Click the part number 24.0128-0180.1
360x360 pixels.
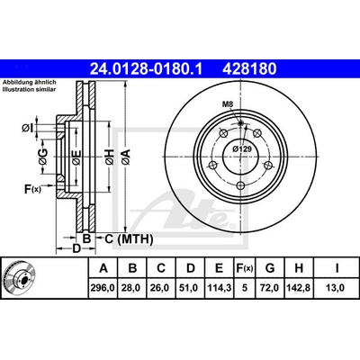tap(147, 68)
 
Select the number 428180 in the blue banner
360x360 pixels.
tap(249, 68)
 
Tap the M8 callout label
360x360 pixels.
tap(228, 104)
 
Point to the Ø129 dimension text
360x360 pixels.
tap(242, 148)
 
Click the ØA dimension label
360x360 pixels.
tap(126, 157)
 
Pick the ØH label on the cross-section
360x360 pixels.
tap(109, 157)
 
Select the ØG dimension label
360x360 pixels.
tap(43, 157)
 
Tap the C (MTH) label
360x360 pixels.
tap(129, 239)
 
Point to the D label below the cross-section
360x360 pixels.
tap(77, 248)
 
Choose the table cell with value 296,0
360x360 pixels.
tap(103, 288)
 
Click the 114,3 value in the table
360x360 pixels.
tap(220, 288)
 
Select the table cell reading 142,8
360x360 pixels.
tap(299, 288)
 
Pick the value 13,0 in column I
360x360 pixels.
tap(337, 288)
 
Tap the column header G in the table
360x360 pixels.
tap(270, 268)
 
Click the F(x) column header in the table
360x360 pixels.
tap(245, 268)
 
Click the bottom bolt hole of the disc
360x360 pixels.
tap(240, 186)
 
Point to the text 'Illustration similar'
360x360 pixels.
tap(30, 89)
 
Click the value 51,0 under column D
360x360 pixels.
tap(191, 288)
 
